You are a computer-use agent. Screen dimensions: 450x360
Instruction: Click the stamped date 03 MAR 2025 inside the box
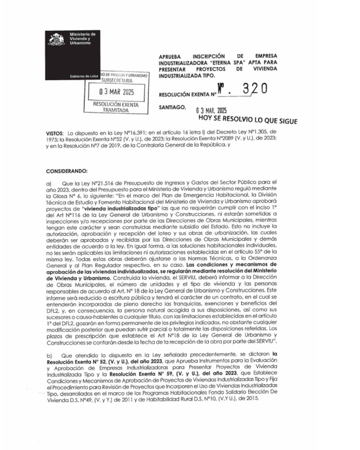pyautogui.click(x=116, y=92)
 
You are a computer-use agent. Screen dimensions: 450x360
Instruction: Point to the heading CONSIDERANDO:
pyautogui.click(x=67, y=171)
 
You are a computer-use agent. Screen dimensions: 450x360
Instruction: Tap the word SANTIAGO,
pyautogui.click(x=172, y=107)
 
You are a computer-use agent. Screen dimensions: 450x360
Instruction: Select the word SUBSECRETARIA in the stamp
pyautogui.click(x=117, y=81)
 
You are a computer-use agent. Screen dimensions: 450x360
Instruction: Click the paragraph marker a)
pyautogui.click(x=49, y=183)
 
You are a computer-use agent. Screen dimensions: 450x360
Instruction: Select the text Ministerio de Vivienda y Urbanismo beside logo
pyautogui.click(x=82, y=39)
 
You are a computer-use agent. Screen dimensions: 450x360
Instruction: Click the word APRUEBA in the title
pyautogui.click(x=170, y=56)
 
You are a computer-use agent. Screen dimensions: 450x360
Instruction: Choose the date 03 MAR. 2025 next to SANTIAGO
pyautogui.click(x=211, y=110)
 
